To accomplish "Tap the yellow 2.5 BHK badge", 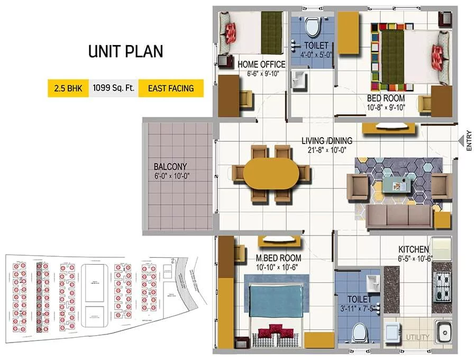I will pyautogui.click(x=67, y=88).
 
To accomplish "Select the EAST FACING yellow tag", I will pyautogui.click(x=170, y=88).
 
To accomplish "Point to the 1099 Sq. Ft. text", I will pyautogui.click(x=112, y=88).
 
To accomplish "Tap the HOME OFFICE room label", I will pyautogui.click(x=261, y=65).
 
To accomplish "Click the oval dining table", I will pyautogui.click(x=270, y=173).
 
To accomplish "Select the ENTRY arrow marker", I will pyautogui.click(x=461, y=141).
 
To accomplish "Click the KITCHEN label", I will pyautogui.click(x=414, y=249).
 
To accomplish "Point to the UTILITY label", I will pyautogui.click(x=417, y=337).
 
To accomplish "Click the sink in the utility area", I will pyautogui.click(x=443, y=332).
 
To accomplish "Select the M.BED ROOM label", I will pyautogui.click(x=274, y=258).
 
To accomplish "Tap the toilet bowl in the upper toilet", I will pyautogui.click(x=313, y=26).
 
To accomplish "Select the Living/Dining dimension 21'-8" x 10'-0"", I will pyautogui.click(x=327, y=150).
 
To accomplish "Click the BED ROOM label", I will pyautogui.click(x=386, y=98).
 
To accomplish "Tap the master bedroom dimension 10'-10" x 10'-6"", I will pyautogui.click(x=274, y=267).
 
